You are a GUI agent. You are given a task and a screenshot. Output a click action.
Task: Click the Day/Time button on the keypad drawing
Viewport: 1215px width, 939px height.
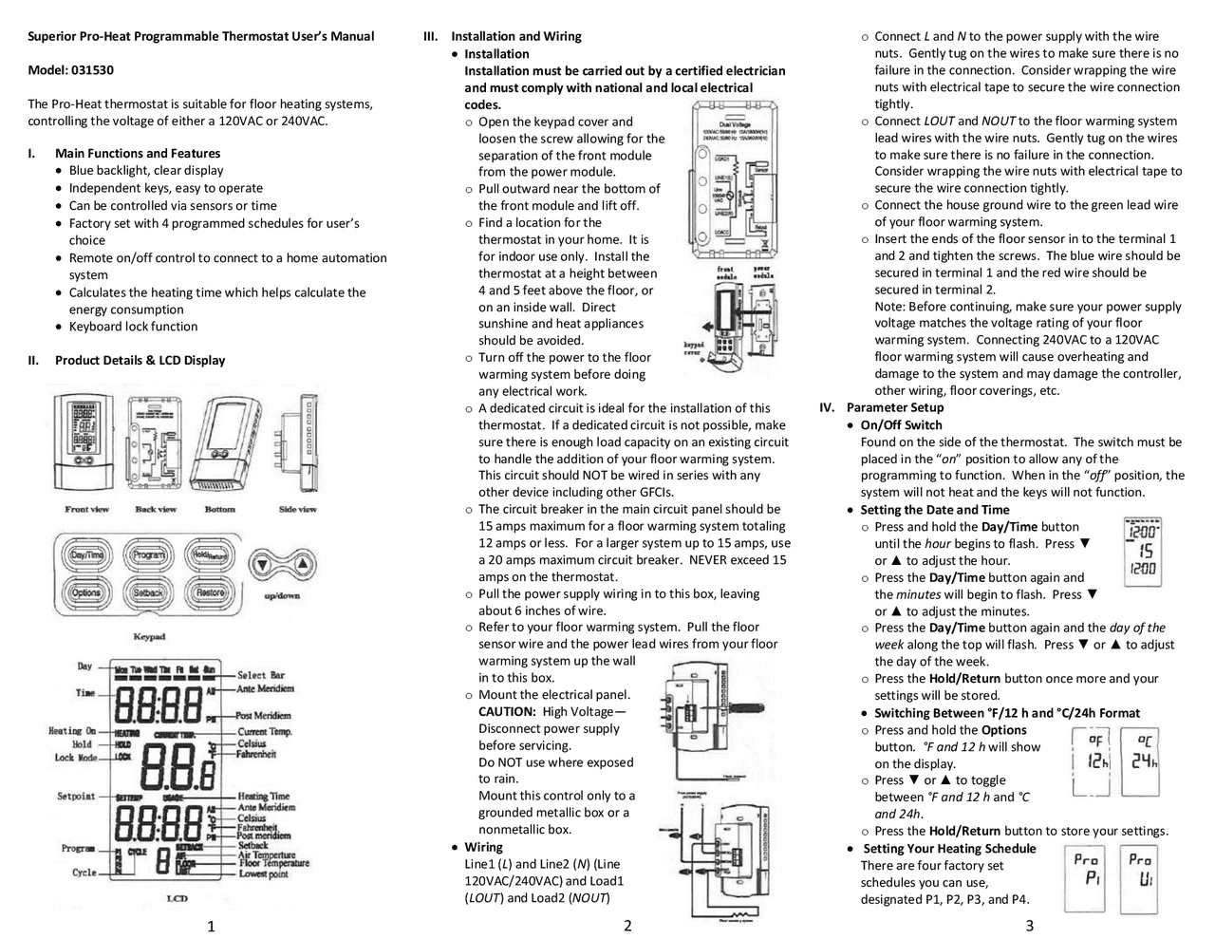87,555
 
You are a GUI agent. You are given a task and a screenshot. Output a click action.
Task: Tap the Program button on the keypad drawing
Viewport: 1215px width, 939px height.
149,555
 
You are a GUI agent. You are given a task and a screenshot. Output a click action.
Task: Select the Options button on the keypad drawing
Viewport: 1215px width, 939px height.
86,592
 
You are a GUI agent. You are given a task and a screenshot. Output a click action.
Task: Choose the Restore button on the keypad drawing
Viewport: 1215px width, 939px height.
210,592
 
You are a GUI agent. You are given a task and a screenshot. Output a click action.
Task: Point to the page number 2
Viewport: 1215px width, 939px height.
627,926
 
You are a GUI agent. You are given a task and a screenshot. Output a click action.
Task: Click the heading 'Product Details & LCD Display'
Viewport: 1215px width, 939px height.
140,360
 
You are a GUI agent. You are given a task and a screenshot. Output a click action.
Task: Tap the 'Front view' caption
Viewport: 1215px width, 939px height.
87,510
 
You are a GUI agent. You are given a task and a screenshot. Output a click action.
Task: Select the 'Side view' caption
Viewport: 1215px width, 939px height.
297,510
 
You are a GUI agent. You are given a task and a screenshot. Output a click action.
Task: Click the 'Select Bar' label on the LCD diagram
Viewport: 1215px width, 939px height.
261,675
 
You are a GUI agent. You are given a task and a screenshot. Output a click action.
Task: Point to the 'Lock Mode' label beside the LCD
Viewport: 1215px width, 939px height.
76,758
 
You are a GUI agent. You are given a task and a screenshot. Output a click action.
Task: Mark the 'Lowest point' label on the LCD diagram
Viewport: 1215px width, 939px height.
265,873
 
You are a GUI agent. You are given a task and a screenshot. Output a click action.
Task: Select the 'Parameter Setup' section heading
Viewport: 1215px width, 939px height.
895,407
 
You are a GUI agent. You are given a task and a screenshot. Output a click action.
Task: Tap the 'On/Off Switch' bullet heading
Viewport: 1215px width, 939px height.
901,424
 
